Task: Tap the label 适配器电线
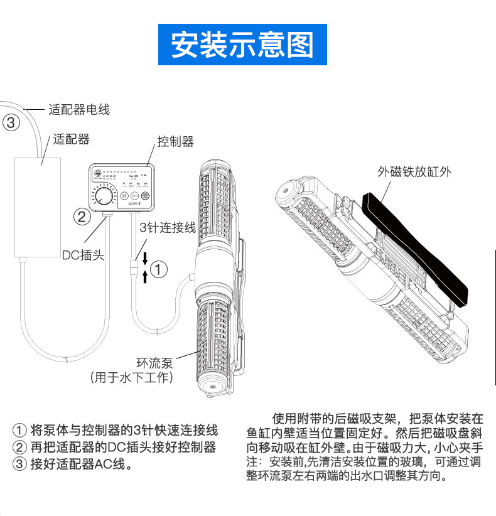(79, 110)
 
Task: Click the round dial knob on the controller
(105, 197)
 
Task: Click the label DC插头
(83, 255)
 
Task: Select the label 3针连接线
(166, 228)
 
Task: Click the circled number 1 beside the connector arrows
(160, 270)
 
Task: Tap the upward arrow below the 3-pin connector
(145, 277)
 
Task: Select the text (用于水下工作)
(132, 377)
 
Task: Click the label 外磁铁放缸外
(414, 171)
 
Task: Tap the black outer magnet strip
(416, 251)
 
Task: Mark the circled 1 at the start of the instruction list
(20, 431)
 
